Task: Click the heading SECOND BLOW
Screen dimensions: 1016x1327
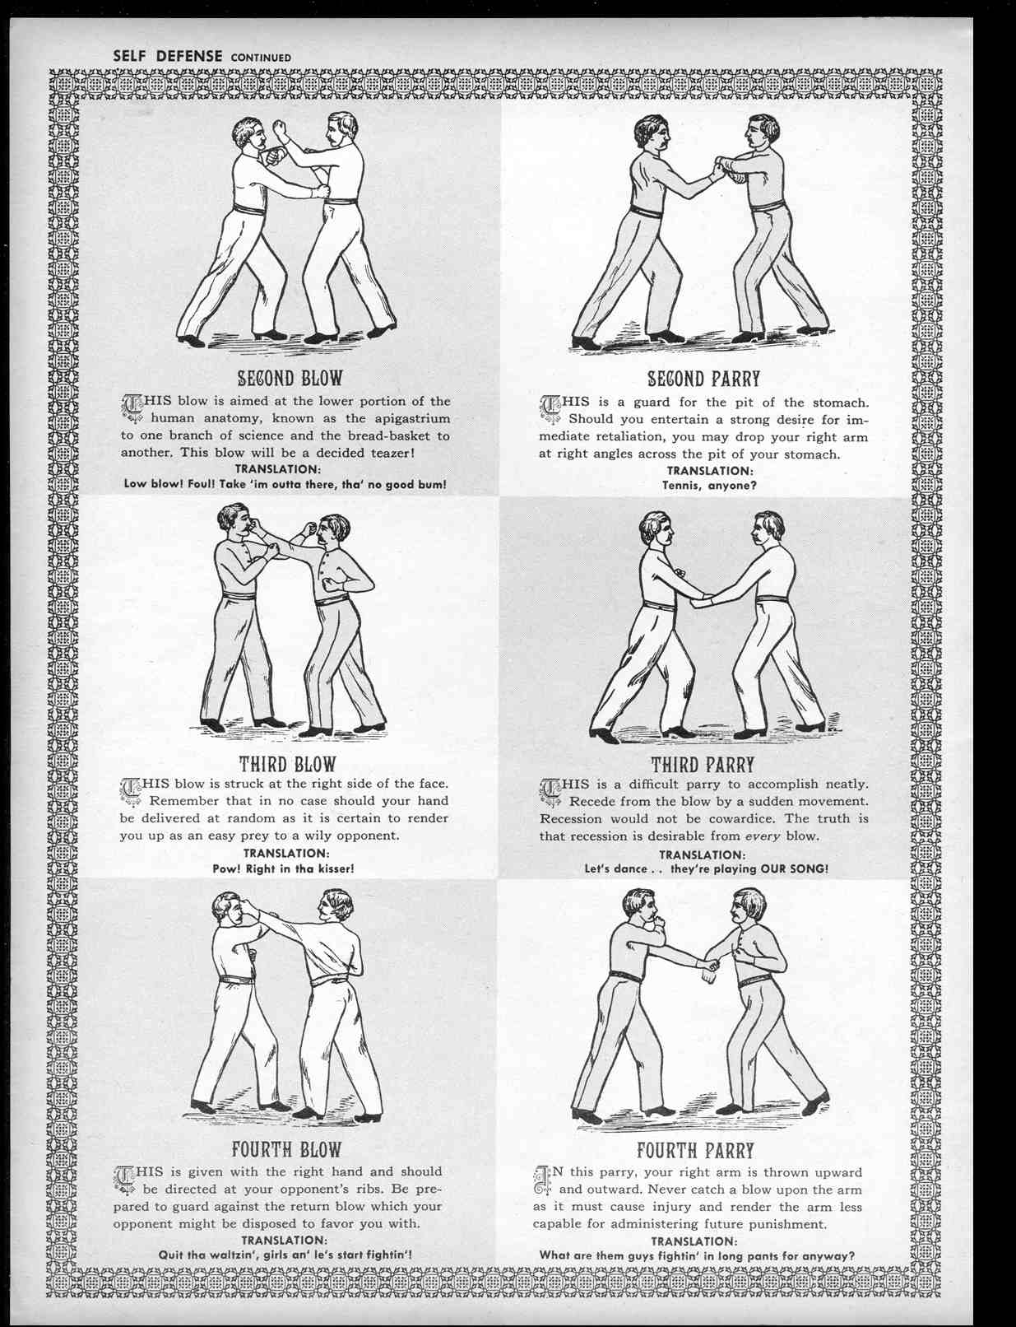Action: (x=290, y=378)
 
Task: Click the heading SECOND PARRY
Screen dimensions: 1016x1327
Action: (x=703, y=379)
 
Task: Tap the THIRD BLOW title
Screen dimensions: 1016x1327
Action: (x=287, y=764)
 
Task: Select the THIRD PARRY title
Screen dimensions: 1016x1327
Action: (x=703, y=765)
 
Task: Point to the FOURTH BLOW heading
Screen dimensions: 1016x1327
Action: (x=286, y=1150)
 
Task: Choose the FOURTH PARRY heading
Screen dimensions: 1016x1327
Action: (x=696, y=1151)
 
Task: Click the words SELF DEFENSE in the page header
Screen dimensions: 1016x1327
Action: (x=168, y=56)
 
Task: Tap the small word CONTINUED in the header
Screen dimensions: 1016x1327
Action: (x=261, y=58)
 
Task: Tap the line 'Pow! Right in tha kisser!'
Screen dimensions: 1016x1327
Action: (x=283, y=868)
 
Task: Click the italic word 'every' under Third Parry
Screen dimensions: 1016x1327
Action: (x=763, y=836)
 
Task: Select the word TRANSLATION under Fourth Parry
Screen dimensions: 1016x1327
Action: (x=694, y=1241)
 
